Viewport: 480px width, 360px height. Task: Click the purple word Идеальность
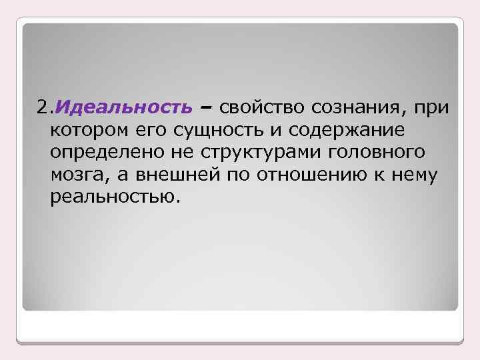123,107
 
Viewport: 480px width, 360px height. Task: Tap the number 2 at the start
42,107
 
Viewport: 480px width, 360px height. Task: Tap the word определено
101,152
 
